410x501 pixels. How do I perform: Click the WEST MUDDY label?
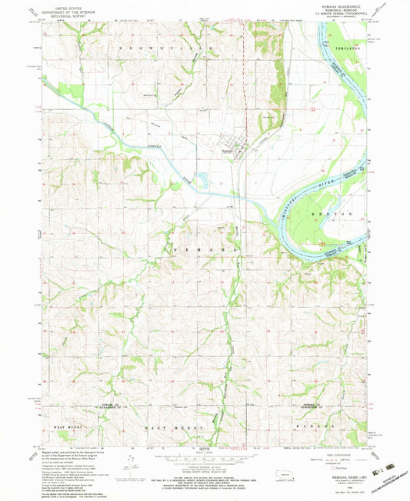point(66,425)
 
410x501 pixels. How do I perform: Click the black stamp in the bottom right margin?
point(386,467)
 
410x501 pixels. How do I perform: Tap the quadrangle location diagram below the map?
point(289,475)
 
